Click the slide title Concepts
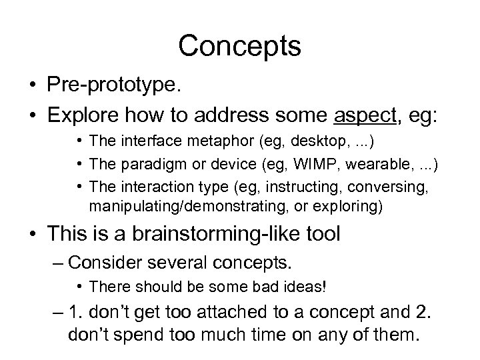240,47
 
